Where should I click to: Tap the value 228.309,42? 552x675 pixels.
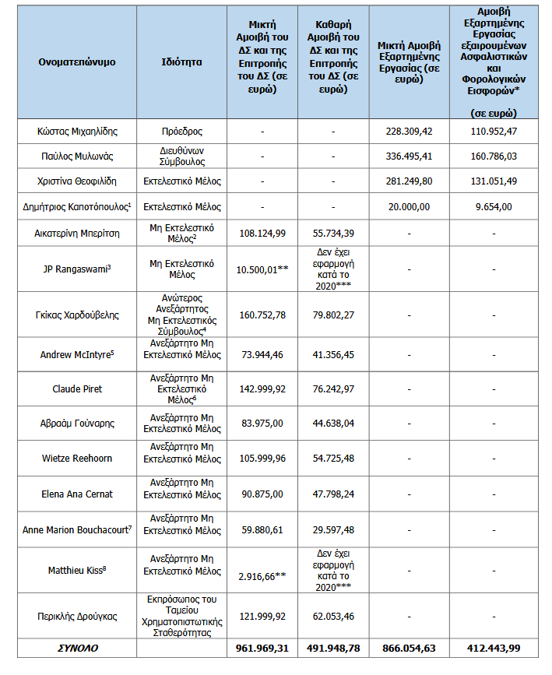(x=409, y=132)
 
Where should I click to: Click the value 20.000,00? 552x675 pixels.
(x=409, y=207)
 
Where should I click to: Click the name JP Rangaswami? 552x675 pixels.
(x=76, y=268)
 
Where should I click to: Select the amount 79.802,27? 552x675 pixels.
(x=332, y=315)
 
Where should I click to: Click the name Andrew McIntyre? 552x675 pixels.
(x=76, y=355)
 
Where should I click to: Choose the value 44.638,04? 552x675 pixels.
(x=332, y=424)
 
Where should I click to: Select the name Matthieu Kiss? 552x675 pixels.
(x=76, y=570)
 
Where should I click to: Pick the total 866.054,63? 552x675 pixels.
(x=409, y=648)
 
